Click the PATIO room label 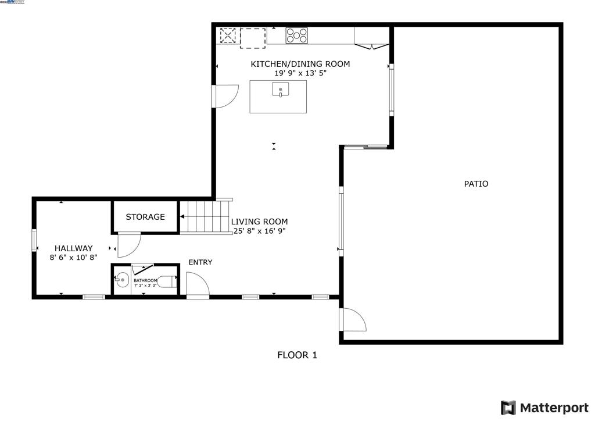[x=476, y=184]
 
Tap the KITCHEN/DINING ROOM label [x=300, y=64]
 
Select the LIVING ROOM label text [x=259, y=222]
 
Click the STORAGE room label [x=145, y=217]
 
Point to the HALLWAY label [x=73, y=248]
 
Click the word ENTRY [x=200, y=262]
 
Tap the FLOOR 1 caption [x=297, y=355]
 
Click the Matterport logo [x=544, y=407]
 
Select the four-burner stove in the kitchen [x=296, y=35]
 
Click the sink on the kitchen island [x=280, y=91]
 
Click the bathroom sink [x=121, y=280]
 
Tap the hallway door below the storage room [x=128, y=245]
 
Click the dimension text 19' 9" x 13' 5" [x=300, y=73]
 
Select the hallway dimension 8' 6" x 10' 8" [x=73, y=258]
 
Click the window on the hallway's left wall [x=34, y=240]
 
